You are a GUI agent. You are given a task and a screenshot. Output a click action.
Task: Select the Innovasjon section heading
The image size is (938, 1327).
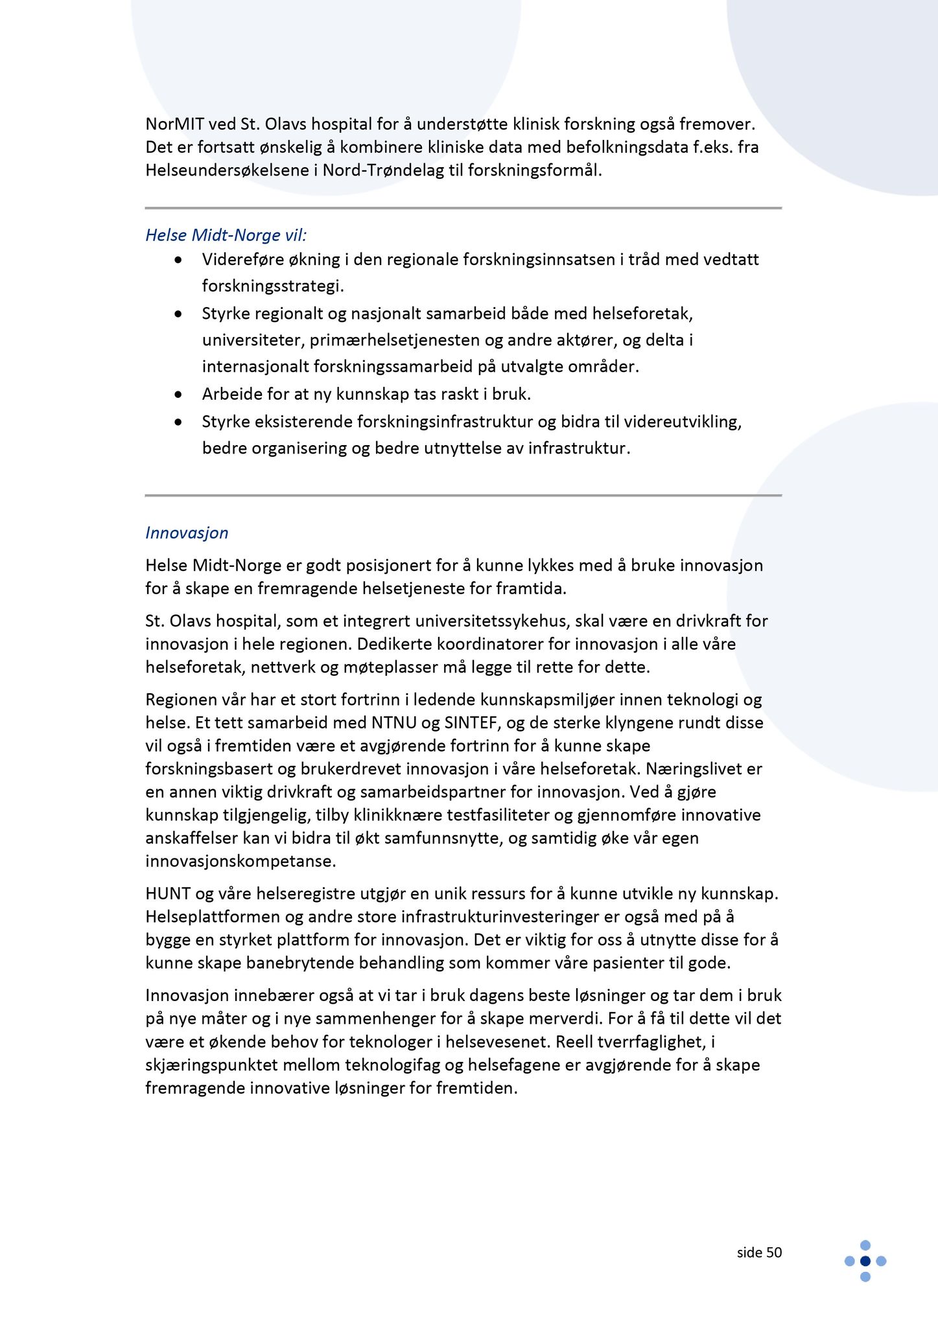(187, 533)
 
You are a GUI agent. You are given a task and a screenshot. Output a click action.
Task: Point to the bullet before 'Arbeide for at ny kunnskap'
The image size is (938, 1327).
(178, 394)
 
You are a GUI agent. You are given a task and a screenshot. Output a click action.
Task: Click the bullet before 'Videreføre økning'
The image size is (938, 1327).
(178, 260)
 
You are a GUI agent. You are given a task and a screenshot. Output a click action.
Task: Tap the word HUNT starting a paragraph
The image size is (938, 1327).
(168, 894)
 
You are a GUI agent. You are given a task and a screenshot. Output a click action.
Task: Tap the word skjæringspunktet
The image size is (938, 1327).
(217, 1065)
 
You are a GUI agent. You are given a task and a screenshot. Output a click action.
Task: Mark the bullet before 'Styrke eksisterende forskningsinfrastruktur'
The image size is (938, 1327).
(178, 422)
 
